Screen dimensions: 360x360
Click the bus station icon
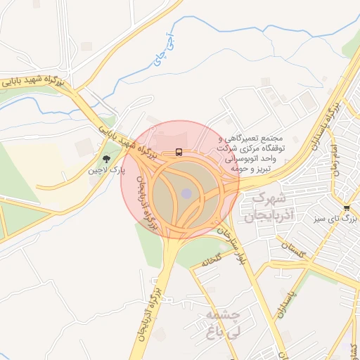point(179,152)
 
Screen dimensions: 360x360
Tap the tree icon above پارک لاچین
point(105,159)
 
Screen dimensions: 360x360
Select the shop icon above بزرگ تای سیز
point(347,207)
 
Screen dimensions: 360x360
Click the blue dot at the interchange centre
point(186,193)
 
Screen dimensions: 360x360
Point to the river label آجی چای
point(161,50)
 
